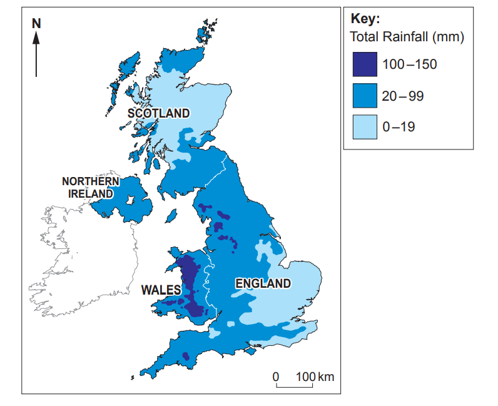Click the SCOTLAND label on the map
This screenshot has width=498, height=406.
click(158, 113)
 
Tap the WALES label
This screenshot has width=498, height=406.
click(160, 290)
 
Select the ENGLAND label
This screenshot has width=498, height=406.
click(263, 283)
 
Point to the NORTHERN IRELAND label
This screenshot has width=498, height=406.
click(90, 188)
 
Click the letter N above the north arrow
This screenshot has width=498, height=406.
click(36, 23)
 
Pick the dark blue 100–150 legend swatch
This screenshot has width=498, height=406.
click(364, 64)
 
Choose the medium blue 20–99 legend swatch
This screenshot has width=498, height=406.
click(364, 96)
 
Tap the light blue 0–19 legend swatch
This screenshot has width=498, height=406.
click(364, 127)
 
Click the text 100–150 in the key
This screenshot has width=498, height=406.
click(409, 64)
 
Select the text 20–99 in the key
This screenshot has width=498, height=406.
click(403, 96)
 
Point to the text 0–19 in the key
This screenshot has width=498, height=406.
click(399, 128)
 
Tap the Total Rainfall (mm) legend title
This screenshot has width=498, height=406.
click(407, 37)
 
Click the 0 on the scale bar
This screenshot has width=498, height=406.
click(275, 377)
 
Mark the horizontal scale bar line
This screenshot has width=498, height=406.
click(293, 387)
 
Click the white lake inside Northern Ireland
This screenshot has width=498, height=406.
click(131, 201)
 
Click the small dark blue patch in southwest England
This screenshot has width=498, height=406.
click(185, 357)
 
